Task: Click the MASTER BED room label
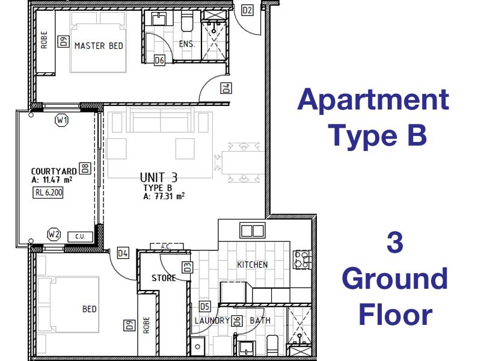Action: tap(99, 46)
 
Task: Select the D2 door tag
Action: tap(247, 10)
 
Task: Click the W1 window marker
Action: tap(61, 120)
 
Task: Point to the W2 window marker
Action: tap(54, 233)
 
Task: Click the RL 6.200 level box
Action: tap(48, 193)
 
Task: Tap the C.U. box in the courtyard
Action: tap(79, 237)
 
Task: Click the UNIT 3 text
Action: tap(158, 177)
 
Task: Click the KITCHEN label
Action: tap(252, 265)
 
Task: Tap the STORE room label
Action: tap(164, 279)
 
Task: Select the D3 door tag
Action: tap(187, 267)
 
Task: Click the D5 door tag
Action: tap(204, 306)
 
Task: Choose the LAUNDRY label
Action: tap(212, 321)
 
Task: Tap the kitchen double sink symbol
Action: tap(252, 230)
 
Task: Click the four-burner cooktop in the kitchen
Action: tap(301, 259)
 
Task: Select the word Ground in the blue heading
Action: tap(395, 280)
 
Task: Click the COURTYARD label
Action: tap(54, 171)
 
